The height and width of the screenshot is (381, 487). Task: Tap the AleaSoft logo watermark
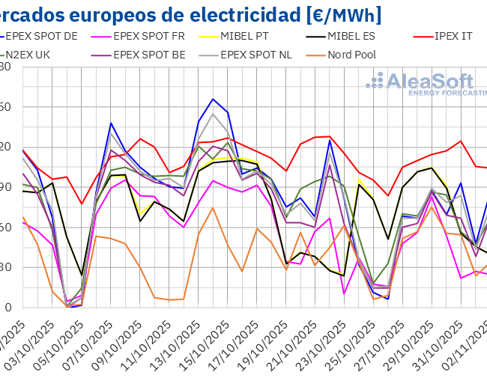coord(427,84)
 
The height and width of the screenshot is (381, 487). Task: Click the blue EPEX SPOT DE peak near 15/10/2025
coord(213,99)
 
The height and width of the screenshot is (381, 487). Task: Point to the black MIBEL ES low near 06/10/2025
coord(82,275)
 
